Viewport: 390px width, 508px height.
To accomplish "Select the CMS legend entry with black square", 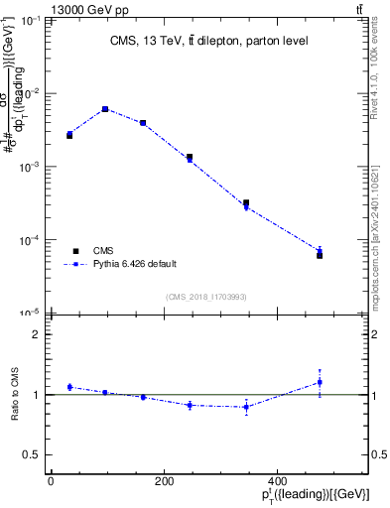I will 103,251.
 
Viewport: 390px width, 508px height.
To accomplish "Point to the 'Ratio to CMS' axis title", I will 16,395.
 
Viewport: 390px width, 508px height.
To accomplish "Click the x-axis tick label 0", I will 51,481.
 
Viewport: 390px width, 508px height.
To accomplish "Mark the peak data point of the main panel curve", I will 105,109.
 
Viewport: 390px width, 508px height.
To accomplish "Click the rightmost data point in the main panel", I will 320,253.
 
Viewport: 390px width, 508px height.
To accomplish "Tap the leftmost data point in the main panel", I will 69,134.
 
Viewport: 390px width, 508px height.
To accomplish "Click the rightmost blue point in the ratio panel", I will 320,382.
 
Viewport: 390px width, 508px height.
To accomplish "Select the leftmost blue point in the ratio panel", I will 69,387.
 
